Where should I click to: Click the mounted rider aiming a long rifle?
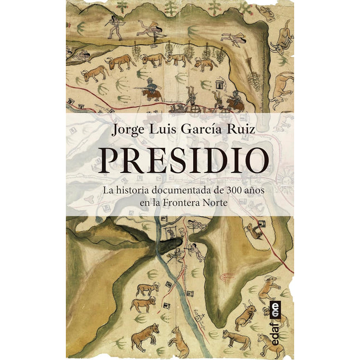point(150,89)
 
